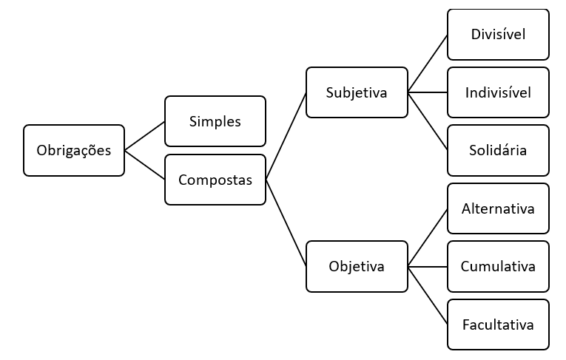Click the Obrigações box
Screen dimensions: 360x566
[x=74, y=150]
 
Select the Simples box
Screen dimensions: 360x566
[x=215, y=121]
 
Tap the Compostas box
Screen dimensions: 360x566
[x=215, y=180]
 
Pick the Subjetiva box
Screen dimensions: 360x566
[x=357, y=92]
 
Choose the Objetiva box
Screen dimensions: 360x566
[x=357, y=266]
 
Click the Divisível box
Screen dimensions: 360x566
[x=498, y=34]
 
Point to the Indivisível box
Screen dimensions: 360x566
[x=498, y=92]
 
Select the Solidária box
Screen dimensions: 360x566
[x=498, y=150]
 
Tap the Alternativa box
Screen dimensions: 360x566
[x=498, y=208]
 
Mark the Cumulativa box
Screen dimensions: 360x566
[x=498, y=266]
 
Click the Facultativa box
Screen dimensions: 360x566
[x=498, y=324]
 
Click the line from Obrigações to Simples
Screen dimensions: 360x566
[x=144, y=136]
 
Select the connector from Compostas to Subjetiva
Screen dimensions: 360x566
[x=286, y=136]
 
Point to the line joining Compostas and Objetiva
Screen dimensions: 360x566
[x=286, y=223]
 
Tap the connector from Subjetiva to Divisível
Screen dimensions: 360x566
[x=428, y=64]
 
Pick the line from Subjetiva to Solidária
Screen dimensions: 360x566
[x=428, y=121]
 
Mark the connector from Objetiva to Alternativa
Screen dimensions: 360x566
[x=428, y=237]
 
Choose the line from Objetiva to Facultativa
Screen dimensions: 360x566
[x=428, y=295]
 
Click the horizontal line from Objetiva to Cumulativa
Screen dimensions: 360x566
[x=428, y=266]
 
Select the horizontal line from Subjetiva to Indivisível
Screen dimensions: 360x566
[x=428, y=92]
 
